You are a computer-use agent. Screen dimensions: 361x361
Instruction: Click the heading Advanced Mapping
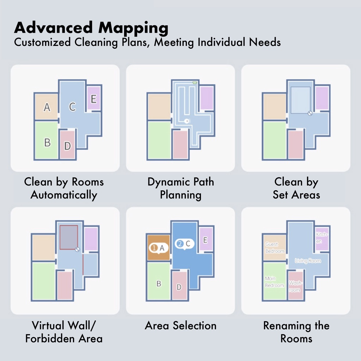click(91, 28)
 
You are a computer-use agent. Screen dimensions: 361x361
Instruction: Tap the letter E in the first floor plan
click(93, 99)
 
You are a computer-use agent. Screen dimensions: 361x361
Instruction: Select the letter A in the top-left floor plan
click(47, 107)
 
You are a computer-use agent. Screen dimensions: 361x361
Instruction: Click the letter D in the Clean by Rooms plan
click(68, 145)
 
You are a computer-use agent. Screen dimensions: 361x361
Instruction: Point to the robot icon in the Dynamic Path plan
click(187, 121)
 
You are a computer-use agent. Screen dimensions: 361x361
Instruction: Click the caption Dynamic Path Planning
click(180, 188)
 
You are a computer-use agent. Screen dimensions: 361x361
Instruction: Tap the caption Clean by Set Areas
click(296, 188)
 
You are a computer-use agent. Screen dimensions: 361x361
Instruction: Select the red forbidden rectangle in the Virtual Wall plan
click(69, 237)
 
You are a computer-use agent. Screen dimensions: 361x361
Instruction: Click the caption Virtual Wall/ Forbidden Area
click(64, 332)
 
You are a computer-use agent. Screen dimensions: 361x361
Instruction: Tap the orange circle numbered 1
click(154, 248)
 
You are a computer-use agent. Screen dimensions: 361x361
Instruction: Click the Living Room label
click(308, 261)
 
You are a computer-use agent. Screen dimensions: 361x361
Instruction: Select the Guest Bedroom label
click(275, 247)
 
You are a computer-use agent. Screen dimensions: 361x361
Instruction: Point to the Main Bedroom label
click(274, 282)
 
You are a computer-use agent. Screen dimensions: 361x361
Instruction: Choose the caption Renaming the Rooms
click(296, 332)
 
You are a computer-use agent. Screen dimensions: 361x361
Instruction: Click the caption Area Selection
click(180, 325)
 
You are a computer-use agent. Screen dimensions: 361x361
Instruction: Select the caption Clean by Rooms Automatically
click(64, 188)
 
